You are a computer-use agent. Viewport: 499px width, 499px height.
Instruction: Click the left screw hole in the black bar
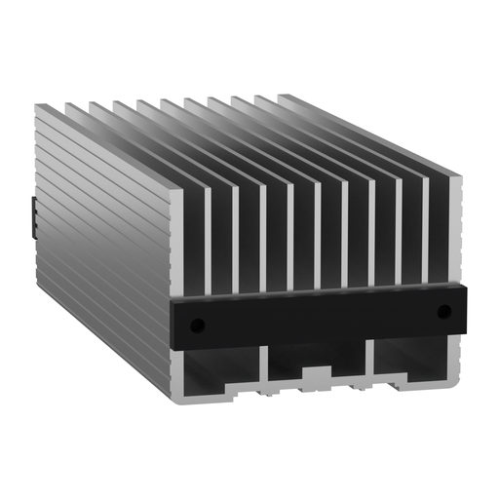click(197, 324)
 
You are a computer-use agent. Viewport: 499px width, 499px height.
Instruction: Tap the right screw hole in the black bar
click(444, 312)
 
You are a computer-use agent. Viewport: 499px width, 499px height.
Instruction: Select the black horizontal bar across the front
click(322, 317)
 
